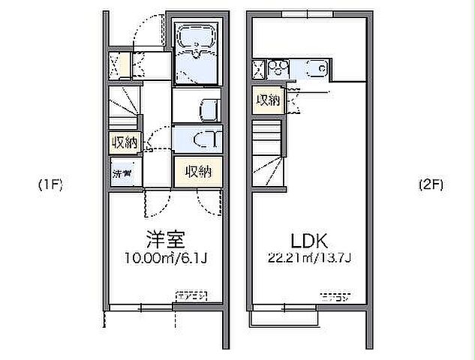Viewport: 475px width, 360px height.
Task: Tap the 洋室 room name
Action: pyautogui.click(x=165, y=241)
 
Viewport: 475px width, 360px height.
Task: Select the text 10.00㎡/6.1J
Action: pyautogui.click(x=166, y=259)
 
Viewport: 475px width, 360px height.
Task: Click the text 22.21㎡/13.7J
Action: pyautogui.click(x=308, y=259)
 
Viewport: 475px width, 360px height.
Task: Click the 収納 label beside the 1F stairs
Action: pyautogui.click(x=124, y=142)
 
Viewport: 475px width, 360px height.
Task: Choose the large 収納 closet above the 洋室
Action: pyautogui.click(x=198, y=172)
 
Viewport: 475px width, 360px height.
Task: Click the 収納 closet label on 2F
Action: pyautogui.click(x=267, y=100)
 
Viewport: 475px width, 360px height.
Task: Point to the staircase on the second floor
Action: pyautogui.click(x=269, y=154)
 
